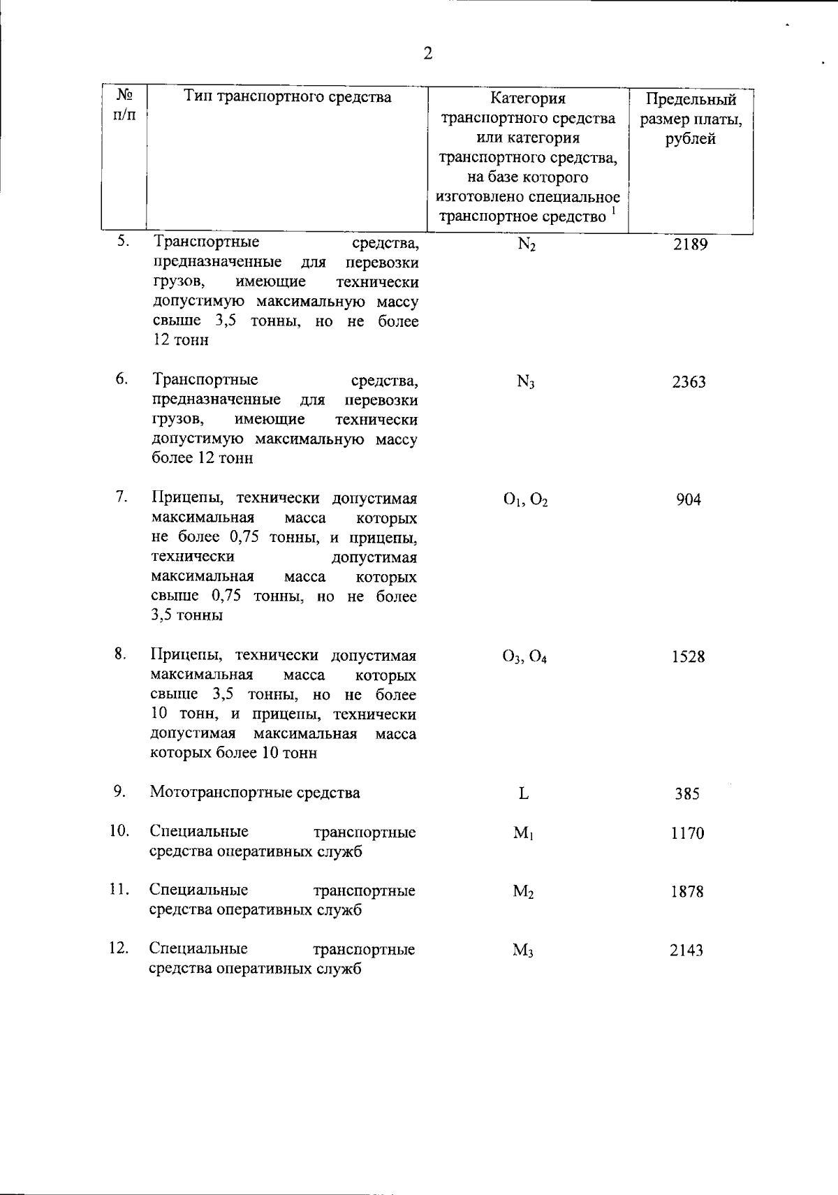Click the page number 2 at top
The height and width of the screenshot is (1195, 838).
point(428,53)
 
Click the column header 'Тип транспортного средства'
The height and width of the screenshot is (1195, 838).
point(288,97)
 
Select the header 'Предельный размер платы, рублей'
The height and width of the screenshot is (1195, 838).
point(691,119)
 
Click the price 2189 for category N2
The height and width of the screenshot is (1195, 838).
point(690,244)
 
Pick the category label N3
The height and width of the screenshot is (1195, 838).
point(525,382)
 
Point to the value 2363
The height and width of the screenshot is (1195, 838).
point(689,382)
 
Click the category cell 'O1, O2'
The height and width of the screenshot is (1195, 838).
point(525,500)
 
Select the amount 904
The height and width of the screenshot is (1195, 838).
point(689,500)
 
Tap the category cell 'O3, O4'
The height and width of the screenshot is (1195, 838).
point(524,657)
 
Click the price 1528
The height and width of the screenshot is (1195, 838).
point(688,657)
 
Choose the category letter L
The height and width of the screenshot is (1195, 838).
point(524,794)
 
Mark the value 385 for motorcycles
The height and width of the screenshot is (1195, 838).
point(687,794)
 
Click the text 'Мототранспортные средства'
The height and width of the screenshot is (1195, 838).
point(255,793)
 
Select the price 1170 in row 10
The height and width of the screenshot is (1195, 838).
point(687,833)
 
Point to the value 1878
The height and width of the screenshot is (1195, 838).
point(687,892)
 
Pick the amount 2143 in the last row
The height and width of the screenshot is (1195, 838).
point(686,951)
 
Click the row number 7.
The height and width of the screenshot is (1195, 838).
point(122,497)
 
